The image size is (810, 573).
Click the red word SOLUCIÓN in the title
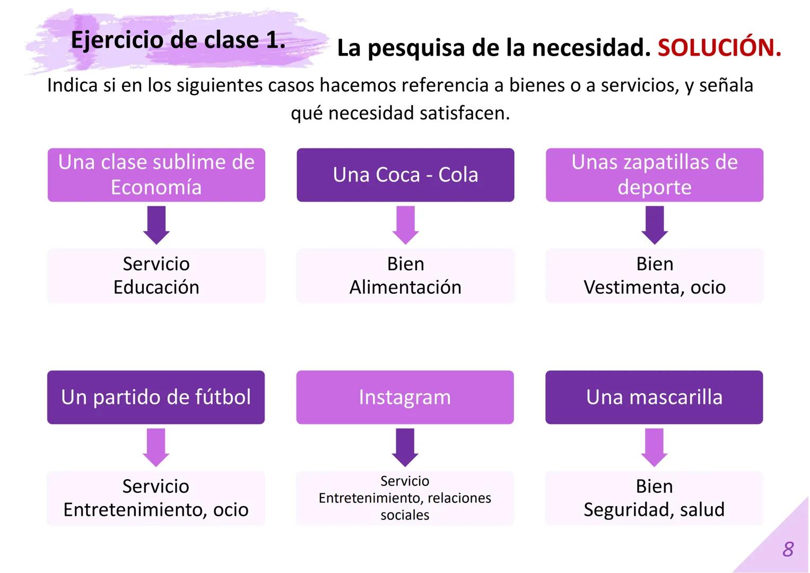(x=719, y=48)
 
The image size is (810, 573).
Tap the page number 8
(x=788, y=549)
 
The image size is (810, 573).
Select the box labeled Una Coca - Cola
(x=405, y=175)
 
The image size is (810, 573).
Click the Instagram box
(x=405, y=397)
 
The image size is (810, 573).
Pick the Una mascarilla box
(x=654, y=397)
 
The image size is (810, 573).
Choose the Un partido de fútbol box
(x=156, y=397)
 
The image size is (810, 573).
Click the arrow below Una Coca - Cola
(x=406, y=225)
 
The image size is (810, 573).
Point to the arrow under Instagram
(x=405, y=447)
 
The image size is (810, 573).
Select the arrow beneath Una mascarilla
(x=654, y=447)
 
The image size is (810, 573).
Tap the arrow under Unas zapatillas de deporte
(x=655, y=225)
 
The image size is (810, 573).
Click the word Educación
(x=156, y=287)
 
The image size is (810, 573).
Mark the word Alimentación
(x=405, y=287)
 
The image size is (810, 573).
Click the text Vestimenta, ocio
(x=655, y=287)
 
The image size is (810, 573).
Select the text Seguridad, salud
(x=654, y=509)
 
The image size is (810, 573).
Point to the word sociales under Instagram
(x=405, y=515)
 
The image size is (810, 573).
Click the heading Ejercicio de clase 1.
(x=178, y=40)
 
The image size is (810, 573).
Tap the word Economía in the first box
(x=156, y=187)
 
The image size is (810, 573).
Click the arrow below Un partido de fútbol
(x=156, y=447)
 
